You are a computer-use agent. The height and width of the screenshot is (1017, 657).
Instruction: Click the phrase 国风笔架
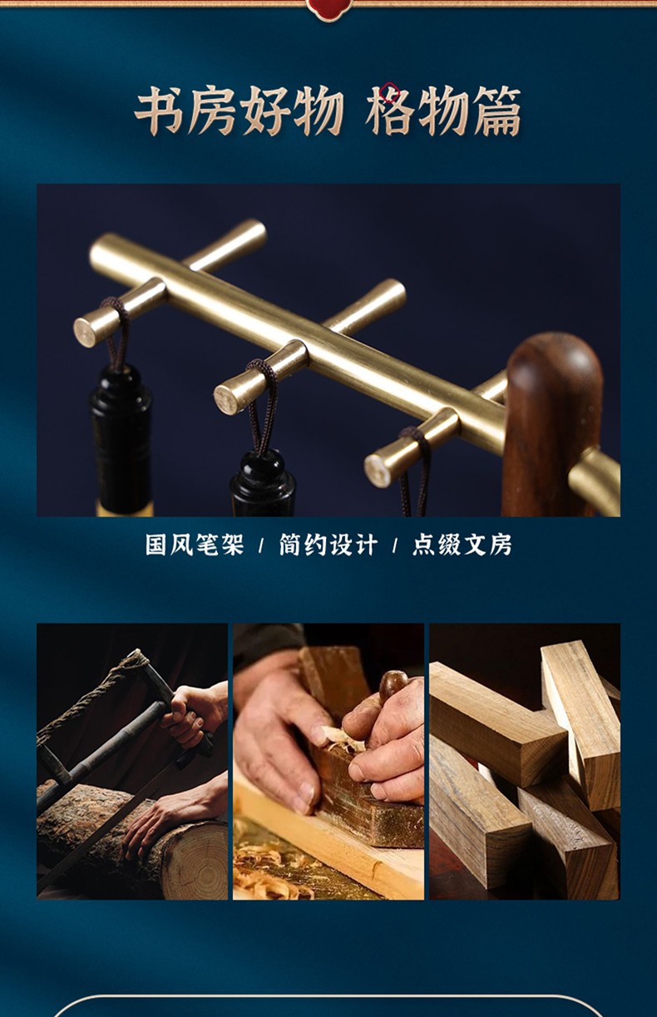coord(195,545)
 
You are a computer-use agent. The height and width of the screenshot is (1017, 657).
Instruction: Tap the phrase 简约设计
coord(328,545)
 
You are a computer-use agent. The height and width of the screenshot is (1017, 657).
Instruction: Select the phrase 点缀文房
coord(462,545)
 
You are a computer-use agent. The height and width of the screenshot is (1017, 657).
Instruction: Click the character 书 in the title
coord(161,111)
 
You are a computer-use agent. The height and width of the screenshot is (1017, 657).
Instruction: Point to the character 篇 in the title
coord(496,111)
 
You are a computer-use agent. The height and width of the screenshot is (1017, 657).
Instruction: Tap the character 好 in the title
coord(266,111)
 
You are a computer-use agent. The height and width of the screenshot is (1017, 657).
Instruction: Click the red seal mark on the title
coord(389,92)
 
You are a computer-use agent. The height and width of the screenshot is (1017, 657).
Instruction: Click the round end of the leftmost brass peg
coord(86,332)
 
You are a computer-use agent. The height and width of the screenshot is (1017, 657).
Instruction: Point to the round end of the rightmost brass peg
coord(378,471)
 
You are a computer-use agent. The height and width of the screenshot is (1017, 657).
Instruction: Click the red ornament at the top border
coord(328,9)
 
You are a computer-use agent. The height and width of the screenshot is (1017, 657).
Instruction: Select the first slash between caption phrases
coord(261,546)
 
